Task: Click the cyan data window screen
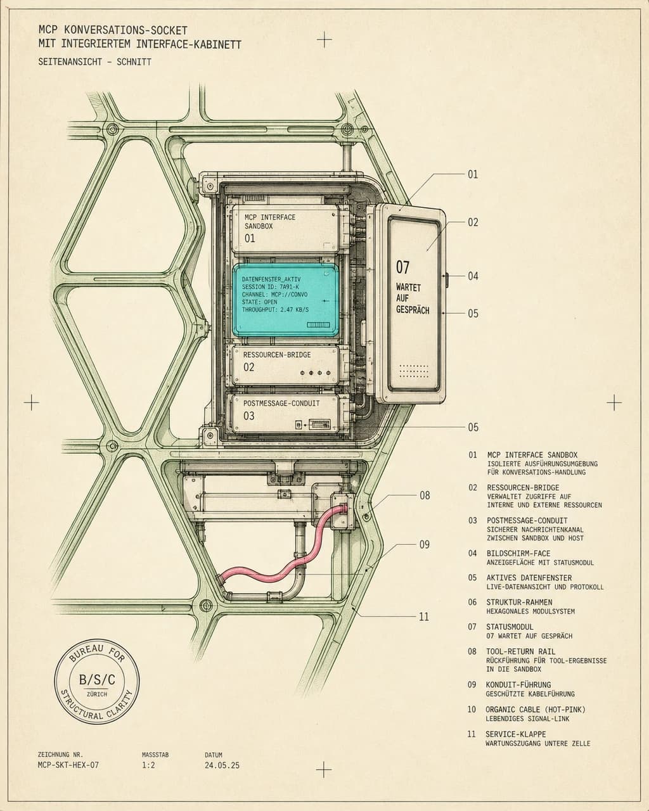coord(285,300)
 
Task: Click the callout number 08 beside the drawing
coord(425,495)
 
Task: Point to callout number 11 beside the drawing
coord(424,616)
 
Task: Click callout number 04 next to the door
coord(473,276)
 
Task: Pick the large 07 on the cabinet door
coord(402,267)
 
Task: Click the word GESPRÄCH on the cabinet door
coord(413,310)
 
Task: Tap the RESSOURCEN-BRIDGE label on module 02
coord(277,355)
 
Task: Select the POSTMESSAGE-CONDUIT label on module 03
coord(281,403)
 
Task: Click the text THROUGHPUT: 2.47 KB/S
coord(275,310)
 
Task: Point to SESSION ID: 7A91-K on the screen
coord(271,287)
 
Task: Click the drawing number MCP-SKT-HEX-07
coord(68,765)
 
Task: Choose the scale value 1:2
coord(148,765)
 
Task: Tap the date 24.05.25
coord(222,765)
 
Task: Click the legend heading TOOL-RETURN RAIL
coord(520,651)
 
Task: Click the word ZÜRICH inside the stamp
coord(97,694)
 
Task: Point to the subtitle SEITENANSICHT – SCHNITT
coord(94,62)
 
